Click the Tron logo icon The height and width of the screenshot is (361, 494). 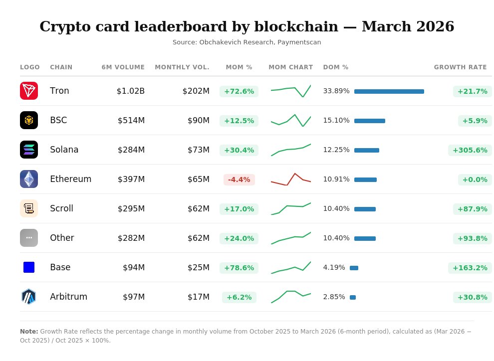[x=29, y=91]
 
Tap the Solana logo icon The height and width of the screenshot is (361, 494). [x=29, y=150]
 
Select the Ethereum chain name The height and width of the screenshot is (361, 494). [x=70, y=179]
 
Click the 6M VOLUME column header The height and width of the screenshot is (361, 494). [x=123, y=67]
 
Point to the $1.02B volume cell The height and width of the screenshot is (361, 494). [x=130, y=91]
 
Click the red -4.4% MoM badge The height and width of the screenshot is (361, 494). [x=239, y=180]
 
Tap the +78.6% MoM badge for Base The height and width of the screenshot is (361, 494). [x=239, y=268]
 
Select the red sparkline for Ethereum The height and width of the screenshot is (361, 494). [x=291, y=180]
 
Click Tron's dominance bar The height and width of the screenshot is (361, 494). [x=389, y=91]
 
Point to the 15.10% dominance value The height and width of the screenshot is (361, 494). [x=336, y=121]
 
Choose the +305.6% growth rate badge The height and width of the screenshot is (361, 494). [x=470, y=150]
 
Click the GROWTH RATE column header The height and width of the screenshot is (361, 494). [x=460, y=67]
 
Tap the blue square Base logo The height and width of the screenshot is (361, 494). [x=29, y=267]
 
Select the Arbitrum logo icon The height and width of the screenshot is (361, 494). [x=29, y=297]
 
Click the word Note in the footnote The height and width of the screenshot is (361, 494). [x=29, y=332]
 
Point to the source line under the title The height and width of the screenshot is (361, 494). [x=247, y=42]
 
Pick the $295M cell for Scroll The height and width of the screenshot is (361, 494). [x=131, y=208]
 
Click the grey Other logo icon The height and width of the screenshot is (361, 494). [x=29, y=238]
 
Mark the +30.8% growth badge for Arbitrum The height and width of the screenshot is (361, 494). [x=472, y=297]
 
